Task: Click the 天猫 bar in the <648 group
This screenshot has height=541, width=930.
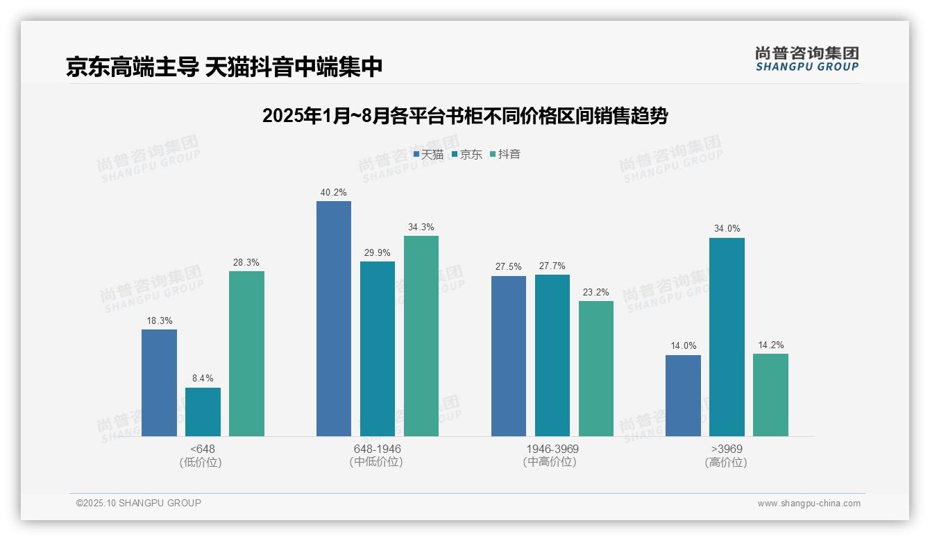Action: [159, 383]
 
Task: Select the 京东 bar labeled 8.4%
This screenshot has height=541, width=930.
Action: [203, 412]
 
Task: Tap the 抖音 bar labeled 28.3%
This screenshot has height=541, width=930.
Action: [246, 354]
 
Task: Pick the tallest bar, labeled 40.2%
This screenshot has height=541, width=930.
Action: [334, 319]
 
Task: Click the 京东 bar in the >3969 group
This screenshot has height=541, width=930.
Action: [727, 337]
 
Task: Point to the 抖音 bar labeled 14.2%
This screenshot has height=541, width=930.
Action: [770, 395]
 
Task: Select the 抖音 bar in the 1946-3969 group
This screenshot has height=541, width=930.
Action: [596, 368]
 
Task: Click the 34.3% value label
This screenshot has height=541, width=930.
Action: [421, 227]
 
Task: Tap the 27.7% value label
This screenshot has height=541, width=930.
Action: [552, 266]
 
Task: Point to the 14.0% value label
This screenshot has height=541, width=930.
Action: [683, 346]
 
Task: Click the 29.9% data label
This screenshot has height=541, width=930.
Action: [378, 252]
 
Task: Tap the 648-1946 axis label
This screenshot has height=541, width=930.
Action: [377, 449]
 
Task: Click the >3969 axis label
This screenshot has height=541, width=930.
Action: [727, 449]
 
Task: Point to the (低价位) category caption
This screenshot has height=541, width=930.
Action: [201, 462]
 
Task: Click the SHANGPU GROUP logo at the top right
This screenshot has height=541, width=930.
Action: [806, 59]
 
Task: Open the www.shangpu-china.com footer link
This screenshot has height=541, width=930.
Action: [809, 504]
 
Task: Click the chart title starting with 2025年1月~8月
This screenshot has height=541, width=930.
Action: [464, 116]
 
